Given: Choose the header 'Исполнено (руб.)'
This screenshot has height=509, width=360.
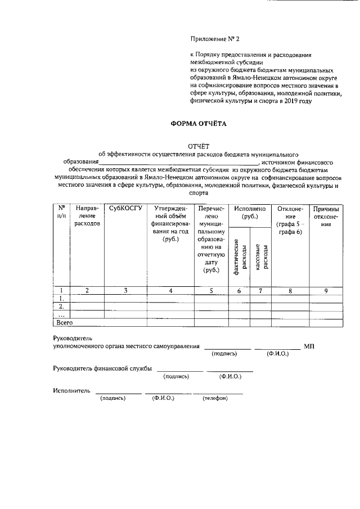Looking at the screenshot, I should click(x=250, y=212).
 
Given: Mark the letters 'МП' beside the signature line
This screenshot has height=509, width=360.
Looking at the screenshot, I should click(x=309, y=346).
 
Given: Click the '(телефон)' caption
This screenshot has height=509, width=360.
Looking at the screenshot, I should click(x=215, y=398).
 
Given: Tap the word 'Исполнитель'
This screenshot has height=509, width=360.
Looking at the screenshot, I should click(x=71, y=390).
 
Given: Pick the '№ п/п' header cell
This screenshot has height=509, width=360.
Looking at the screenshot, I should click(x=61, y=212).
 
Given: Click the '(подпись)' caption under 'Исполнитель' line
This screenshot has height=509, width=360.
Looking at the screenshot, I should click(x=112, y=398).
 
